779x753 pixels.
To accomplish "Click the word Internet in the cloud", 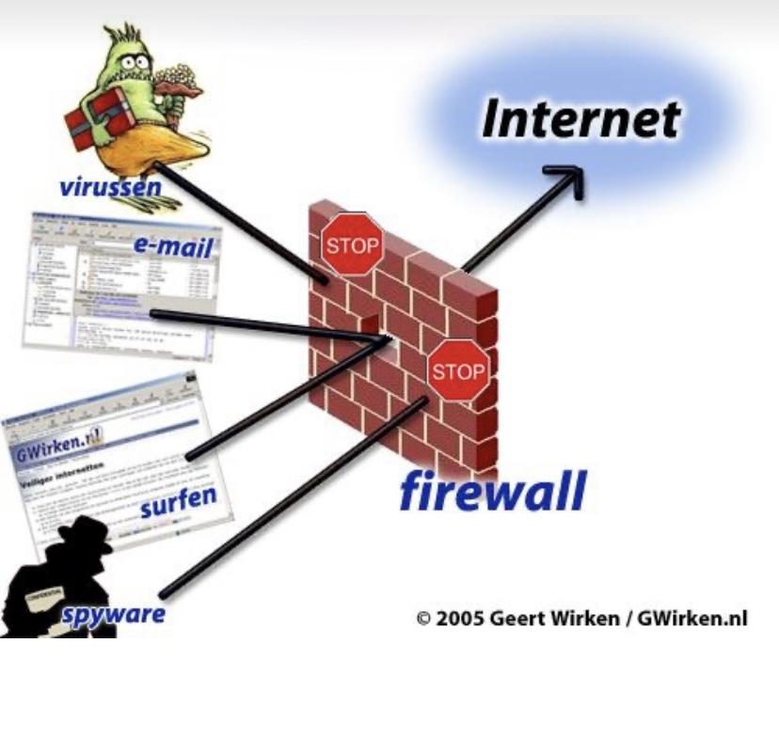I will pos(580,119).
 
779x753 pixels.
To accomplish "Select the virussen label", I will pos(110,186).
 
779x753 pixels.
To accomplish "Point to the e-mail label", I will pos(173,248).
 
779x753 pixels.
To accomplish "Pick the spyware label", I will pos(114,615).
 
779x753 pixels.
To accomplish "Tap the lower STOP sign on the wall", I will pos(458,371).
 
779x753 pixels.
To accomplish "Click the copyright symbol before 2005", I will pos(423,620).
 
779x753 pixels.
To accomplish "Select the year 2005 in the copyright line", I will pos(459,620).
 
